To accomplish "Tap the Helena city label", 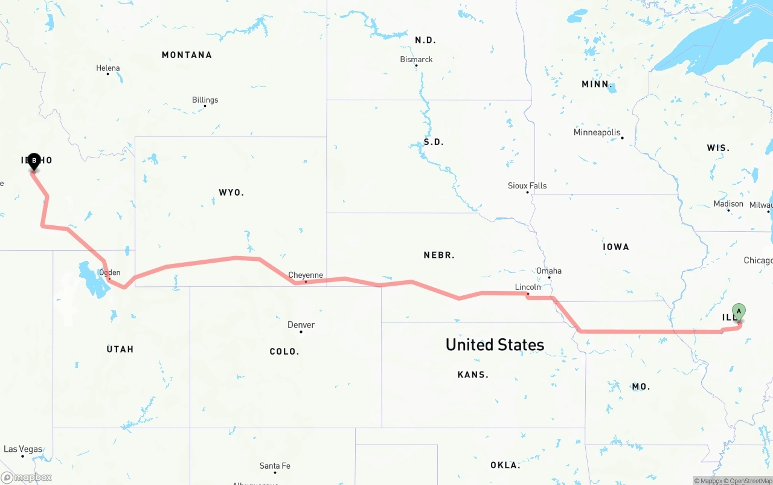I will pos(108,68).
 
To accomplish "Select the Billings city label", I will pos(205,100).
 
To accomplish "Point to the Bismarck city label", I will pos(416,59).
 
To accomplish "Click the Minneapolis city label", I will pos(597,132).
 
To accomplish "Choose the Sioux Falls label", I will pos(527,185).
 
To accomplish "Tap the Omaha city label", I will pos(548,271).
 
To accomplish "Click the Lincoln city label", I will pos(528,287).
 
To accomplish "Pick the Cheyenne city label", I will pos(305,275).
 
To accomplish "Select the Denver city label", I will pos(301,325).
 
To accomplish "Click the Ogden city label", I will pos(109,272).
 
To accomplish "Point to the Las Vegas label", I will pos(23,449).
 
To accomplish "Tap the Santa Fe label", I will pos(275,466).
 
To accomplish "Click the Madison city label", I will pos(728,204).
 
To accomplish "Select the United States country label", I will pos(495,344).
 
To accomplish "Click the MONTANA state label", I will pos(187,55).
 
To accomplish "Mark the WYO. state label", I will pos(231,193).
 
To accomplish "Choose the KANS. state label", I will pos(473,375).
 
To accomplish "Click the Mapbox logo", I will pos(27,477).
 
